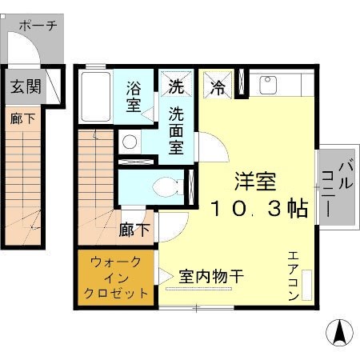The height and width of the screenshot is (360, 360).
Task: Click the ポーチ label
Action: click(38, 25)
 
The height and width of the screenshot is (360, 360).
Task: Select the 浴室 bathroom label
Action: click(133, 95)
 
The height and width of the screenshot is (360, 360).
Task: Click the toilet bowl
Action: click(166, 187)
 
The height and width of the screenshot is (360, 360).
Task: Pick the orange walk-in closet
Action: click(117, 277)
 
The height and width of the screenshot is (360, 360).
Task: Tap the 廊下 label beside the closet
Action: click(134, 230)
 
